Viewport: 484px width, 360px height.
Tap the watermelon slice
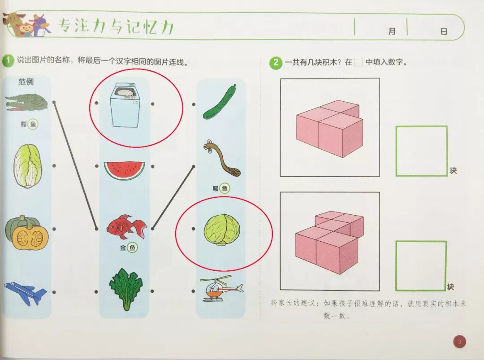(x=125, y=170)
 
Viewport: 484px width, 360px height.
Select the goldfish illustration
(x=126, y=227)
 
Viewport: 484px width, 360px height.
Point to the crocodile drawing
(x=26, y=103)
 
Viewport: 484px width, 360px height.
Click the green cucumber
(x=220, y=102)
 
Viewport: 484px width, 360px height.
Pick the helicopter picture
(x=221, y=288)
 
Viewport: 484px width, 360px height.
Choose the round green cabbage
(x=222, y=230)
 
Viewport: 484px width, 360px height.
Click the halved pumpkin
(x=27, y=233)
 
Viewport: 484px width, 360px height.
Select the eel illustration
(x=221, y=158)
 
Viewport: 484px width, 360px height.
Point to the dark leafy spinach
(x=125, y=289)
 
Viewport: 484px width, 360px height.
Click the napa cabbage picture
(x=27, y=166)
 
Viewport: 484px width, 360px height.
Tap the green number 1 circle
(x=8, y=61)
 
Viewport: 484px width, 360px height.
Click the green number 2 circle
(x=276, y=63)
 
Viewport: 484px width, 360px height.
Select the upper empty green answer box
(x=421, y=151)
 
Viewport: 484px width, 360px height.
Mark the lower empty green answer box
(x=421, y=266)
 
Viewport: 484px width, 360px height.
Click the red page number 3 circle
(x=460, y=342)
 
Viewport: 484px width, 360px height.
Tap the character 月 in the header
(x=392, y=31)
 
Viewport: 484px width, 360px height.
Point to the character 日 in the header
(x=444, y=31)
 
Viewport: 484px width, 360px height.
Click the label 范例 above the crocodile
(x=26, y=82)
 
